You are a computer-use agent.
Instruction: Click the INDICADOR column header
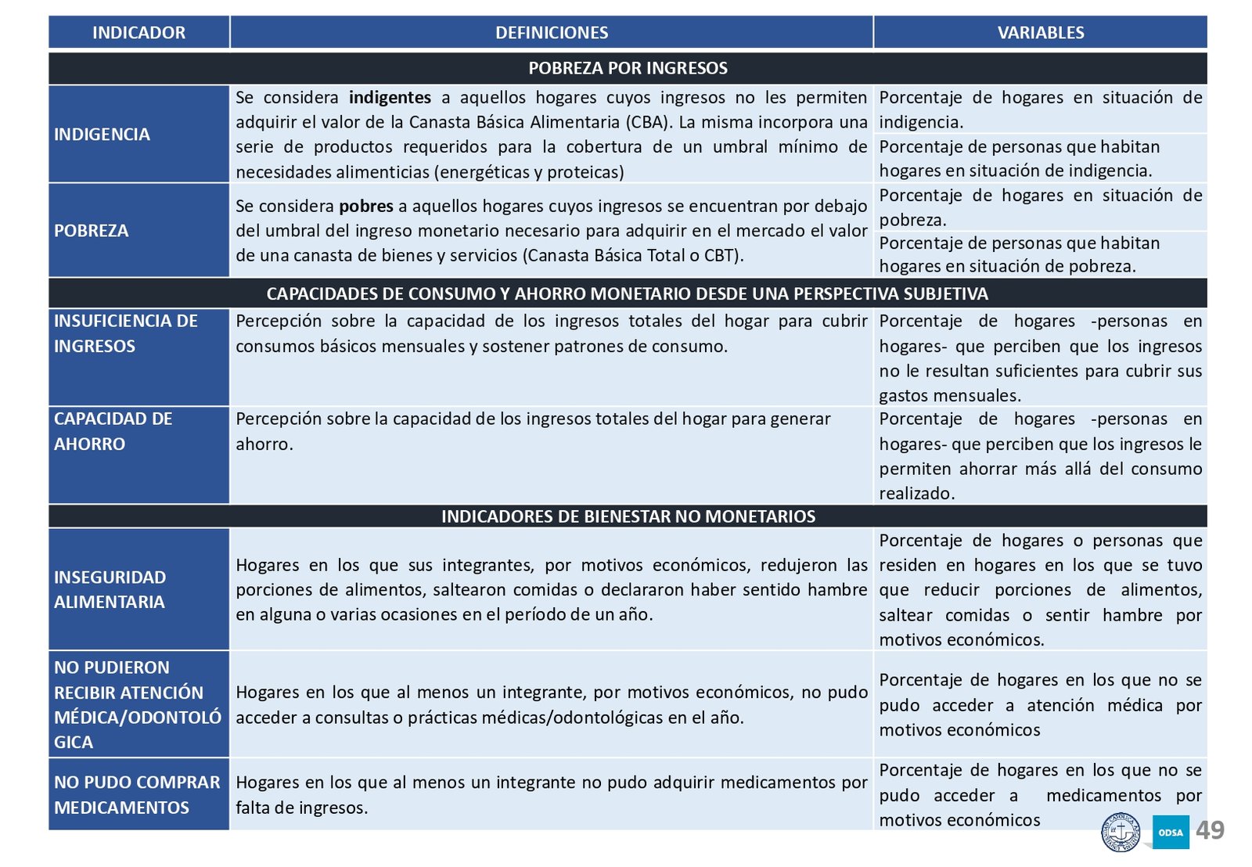click(139, 33)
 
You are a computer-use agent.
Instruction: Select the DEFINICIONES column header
click(552, 33)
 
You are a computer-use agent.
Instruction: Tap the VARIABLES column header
click(1040, 33)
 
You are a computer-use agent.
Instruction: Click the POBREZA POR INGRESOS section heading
click(628, 68)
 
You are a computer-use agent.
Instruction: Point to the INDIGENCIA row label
click(102, 135)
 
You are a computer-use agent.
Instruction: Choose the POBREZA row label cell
click(92, 231)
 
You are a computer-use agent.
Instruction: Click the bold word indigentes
click(390, 98)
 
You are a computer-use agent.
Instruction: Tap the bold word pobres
click(366, 207)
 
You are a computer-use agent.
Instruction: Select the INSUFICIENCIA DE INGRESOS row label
click(125, 333)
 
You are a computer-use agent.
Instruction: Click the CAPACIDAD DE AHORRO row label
click(113, 431)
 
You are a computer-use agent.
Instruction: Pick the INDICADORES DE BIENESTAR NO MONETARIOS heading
click(628, 516)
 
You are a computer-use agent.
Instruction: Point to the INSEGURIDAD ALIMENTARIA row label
click(110, 589)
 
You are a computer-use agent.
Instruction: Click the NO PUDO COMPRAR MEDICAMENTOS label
click(137, 794)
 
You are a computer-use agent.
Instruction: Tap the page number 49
click(1210, 830)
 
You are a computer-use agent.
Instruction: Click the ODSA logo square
click(1171, 832)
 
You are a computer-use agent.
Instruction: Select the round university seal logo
click(1121, 833)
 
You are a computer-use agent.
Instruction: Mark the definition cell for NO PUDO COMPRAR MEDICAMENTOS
click(551, 794)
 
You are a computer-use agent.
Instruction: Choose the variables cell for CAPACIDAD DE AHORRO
click(1040, 455)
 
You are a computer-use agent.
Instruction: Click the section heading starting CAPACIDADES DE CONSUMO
click(628, 294)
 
